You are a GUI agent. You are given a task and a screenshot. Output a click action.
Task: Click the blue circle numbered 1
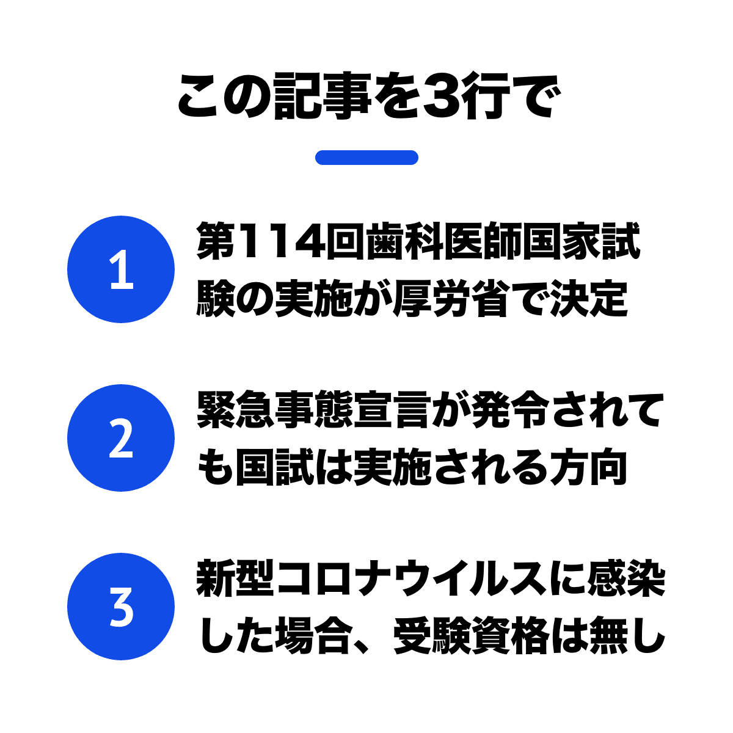tap(121, 269)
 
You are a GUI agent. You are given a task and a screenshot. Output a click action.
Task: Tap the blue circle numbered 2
tap(121, 438)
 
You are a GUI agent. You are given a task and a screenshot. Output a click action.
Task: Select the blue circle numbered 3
tap(121, 607)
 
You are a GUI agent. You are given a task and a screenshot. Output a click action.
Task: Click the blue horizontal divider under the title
tap(366, 158)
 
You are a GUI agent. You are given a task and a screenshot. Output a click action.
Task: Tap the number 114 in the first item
tap(281, 241)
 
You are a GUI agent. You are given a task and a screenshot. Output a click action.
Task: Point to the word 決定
tap(589, 298)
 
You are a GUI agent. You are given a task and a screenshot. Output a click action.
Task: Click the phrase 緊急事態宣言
tap(314, 409)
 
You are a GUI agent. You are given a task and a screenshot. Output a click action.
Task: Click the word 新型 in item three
tap(235, 578)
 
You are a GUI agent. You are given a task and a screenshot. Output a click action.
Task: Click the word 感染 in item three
tap(626, 578)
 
